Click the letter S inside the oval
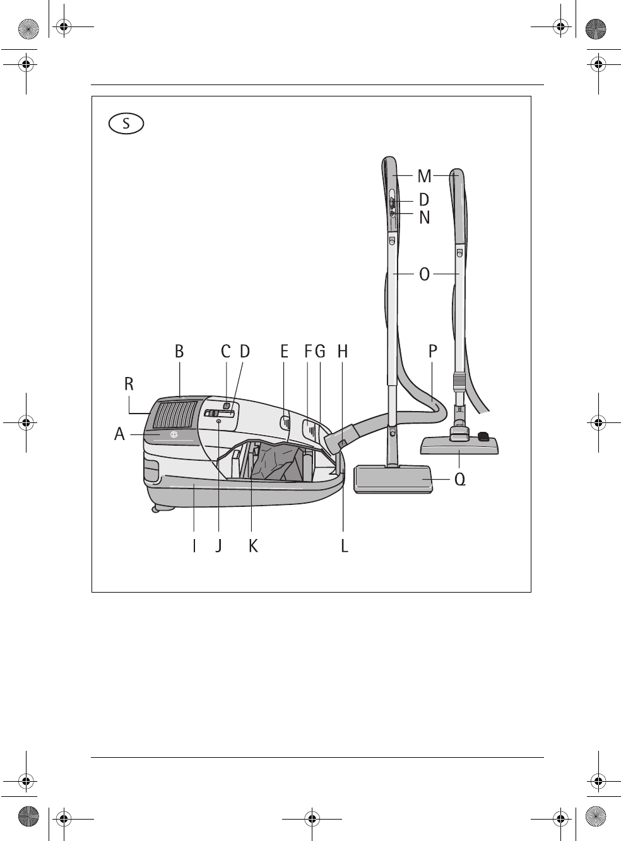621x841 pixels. click(x=126, y=124)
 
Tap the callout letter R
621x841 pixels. click(x=129, y=384)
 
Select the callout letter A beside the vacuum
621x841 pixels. click(x=119, y=434)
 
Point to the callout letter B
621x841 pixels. click(x=179, y=351)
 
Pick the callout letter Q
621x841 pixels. click(x=460, y=480)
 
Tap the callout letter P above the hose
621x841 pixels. click(x=433, y=351)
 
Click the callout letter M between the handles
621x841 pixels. click(x=424, y=176)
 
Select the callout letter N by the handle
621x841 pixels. click(x=424, y=217)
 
